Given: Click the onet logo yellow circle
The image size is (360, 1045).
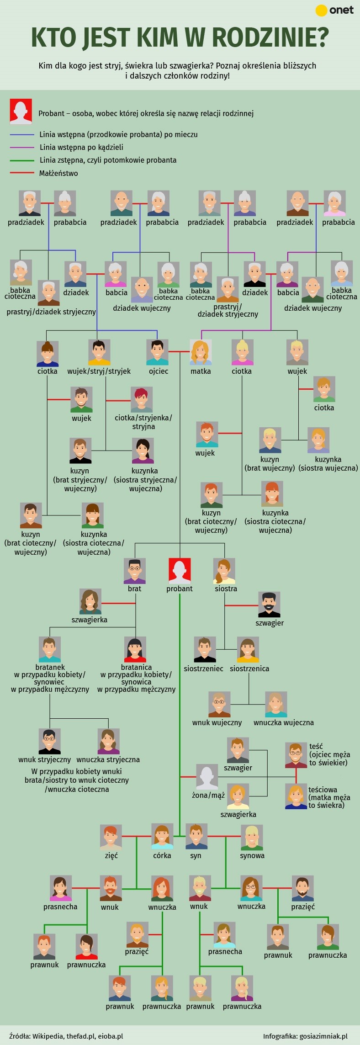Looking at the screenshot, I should [x=322, y=11].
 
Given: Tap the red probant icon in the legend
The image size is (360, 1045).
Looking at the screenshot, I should [x=21, y=111].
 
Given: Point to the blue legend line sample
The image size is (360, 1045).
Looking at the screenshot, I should [x=22, y=135].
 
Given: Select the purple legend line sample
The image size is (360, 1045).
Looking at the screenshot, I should [x=22, y=148].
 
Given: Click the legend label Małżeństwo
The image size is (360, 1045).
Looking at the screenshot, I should [x=58, y=174].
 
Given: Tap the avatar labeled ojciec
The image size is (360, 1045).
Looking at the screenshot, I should [x=157, y=352].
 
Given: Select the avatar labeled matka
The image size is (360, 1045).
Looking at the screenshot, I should [x=201, y=352].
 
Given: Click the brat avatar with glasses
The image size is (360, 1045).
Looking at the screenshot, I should [x=134, y=571].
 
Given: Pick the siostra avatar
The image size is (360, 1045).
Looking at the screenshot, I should [x=224, y=571].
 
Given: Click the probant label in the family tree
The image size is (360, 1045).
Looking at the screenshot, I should [x=180, y=589].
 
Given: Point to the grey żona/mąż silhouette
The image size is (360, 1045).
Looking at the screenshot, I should [x=207, y=777].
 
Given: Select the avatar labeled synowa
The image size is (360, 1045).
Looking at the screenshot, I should [x=252, y=837].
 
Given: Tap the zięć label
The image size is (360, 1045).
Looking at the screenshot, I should [x=111, y=855].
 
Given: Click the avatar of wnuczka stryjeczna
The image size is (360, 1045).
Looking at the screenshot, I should [x=109, y=742].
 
